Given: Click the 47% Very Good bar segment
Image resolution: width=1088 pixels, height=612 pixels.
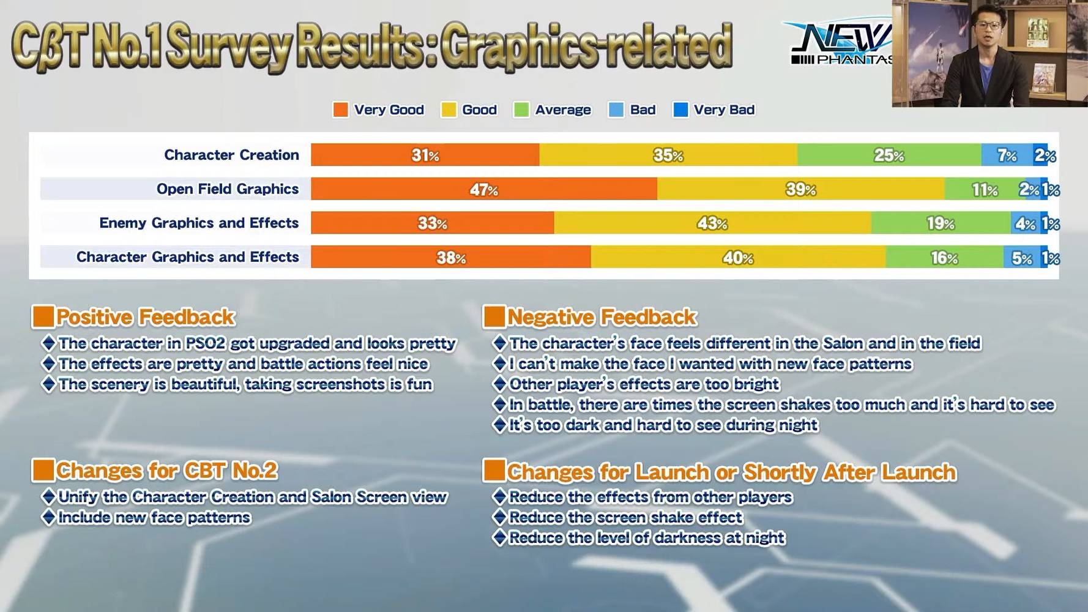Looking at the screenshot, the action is pos(484,189).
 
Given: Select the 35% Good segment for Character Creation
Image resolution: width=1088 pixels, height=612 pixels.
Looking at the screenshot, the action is pos(668,155).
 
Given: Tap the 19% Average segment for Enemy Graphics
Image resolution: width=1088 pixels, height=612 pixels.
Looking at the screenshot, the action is pos(941,223).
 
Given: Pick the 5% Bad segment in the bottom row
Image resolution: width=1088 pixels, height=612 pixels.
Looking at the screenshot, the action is pos(1021,257).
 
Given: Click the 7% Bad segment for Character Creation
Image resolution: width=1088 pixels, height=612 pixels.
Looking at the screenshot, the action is pos(1007,155).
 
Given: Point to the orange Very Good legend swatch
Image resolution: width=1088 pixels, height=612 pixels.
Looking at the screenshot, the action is pos(340,110).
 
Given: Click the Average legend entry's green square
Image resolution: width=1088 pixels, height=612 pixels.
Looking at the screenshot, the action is pos(521,110).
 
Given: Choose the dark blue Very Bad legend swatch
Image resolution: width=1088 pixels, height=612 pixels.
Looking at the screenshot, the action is pos(680,110).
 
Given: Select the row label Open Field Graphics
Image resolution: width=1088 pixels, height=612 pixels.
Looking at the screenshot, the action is pos(228,189).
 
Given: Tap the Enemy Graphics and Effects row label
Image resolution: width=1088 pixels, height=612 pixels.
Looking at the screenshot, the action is pos(199,223).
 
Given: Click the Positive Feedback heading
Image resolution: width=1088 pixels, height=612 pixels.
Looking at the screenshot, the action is pos(145,317).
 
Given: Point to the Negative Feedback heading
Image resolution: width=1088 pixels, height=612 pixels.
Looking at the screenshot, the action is pos(602,317).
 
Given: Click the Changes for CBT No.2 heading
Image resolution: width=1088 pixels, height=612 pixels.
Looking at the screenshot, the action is pos(166,471).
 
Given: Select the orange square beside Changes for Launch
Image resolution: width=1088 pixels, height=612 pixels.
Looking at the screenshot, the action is pos(494,470).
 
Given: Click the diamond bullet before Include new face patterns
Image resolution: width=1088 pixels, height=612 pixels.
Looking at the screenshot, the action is pos(48,517).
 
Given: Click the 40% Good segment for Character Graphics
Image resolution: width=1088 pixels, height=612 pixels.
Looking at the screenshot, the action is pos(738,257).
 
